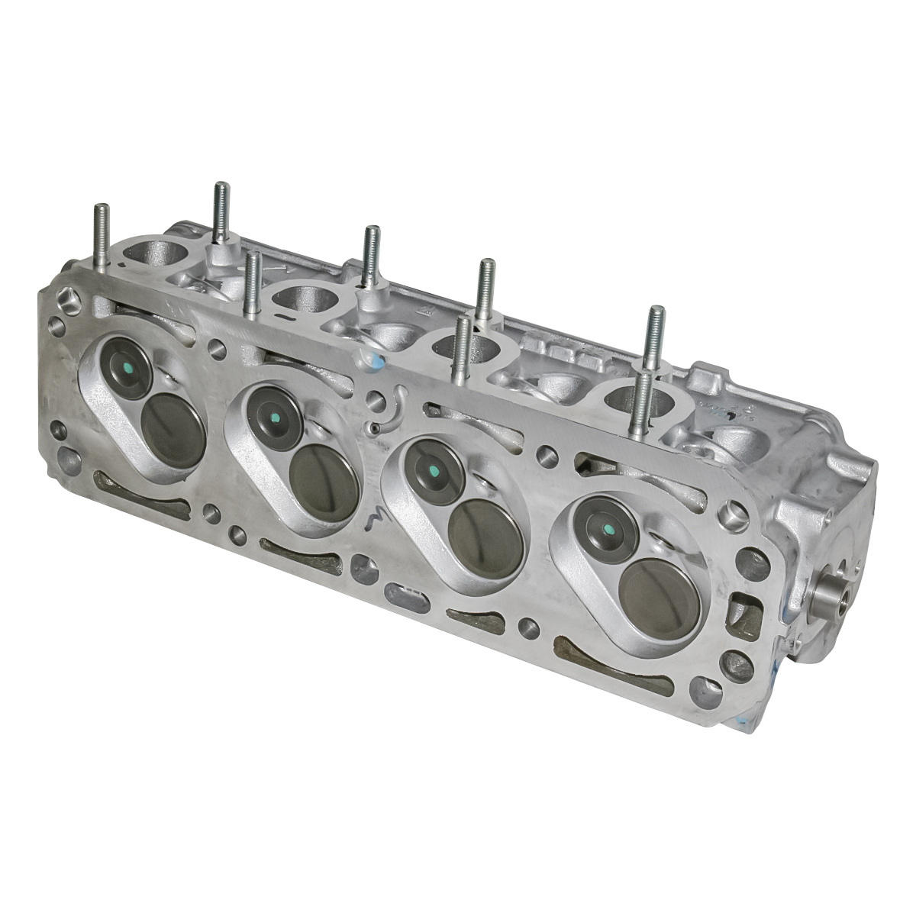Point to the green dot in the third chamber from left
tap(433, 469)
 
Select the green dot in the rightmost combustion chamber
tap(608, 530)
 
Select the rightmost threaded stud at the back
tap(655, 336)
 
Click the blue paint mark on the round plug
tap(374, 359)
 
